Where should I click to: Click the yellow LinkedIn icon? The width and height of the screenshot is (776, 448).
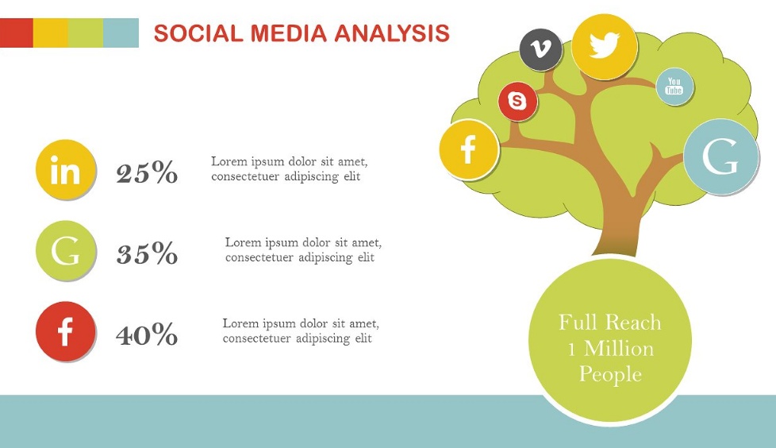click(x=65, y=169)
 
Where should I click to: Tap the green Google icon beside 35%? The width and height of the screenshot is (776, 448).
click(x=65, y=250)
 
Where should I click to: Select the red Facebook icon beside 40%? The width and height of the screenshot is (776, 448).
click(x=65, y=331)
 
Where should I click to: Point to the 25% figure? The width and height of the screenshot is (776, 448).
click(x=147, y=172)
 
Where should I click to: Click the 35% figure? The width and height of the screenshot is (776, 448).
click(x=147, y=253)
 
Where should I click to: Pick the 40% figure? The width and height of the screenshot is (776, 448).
click(x=147, y=334)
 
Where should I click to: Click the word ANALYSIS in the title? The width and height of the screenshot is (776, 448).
click(x=392, y=33)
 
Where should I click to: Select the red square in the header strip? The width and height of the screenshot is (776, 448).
click(x=17, y=33)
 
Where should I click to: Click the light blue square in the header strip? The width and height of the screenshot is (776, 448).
click(x=121, y=33)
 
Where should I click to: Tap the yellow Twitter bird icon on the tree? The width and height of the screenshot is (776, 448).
click(x=605, y=47)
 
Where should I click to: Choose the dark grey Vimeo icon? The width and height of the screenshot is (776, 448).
click(x=541, y=49)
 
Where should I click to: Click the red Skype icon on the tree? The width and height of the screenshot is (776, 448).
click(x=517, y=101)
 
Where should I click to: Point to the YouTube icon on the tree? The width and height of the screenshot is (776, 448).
click(x=674, y=87)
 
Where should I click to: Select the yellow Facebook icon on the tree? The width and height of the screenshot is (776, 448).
click(x=469, y=149)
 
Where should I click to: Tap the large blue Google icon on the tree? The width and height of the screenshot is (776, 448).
click(x=720, y=156)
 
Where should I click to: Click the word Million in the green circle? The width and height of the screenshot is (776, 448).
click(x=619, y=349)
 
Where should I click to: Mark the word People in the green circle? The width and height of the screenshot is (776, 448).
click(x=610, y=374)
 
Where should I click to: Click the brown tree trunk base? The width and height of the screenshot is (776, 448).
click(x=617, y=241)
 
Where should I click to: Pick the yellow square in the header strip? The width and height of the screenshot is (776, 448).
click(x=51, y=33)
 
